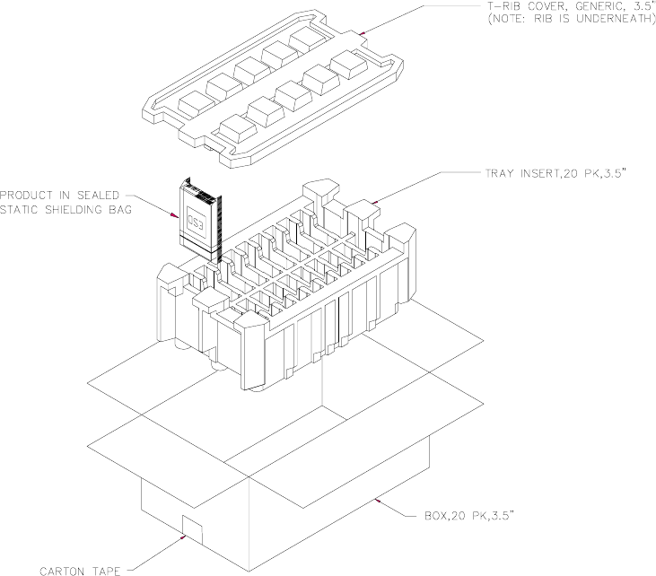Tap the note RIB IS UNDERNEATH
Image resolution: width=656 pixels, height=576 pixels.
(572, 19)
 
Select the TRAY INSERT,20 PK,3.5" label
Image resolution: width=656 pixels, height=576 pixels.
(555, 173)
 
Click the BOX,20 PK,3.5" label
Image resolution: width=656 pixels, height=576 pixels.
(469, 516)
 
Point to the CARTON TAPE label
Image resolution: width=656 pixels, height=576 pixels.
(80, 571)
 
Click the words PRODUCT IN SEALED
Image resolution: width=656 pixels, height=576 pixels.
(59, 196)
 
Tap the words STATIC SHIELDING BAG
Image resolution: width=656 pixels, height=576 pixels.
(66, 210)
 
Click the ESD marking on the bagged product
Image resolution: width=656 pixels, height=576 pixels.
(196, 219)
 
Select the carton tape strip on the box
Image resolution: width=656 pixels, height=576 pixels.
(192, 529)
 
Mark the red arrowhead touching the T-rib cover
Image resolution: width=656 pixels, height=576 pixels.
(363, 32)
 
